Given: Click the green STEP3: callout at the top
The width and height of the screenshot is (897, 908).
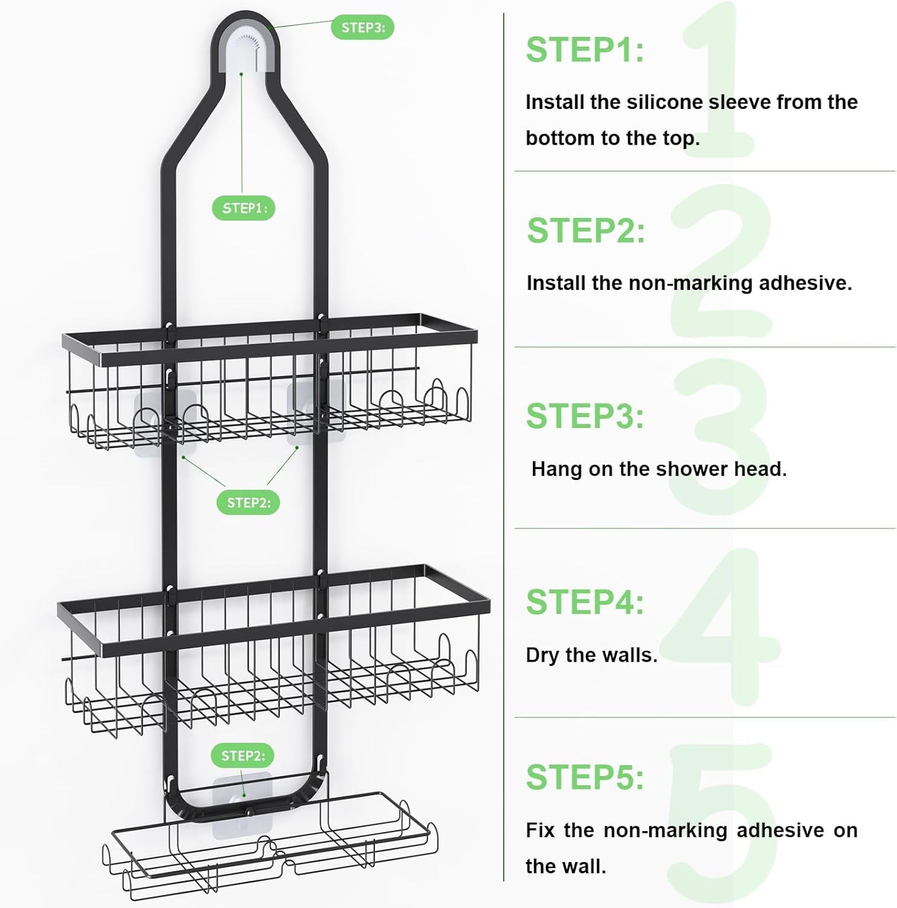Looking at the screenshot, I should (x=362, y=27).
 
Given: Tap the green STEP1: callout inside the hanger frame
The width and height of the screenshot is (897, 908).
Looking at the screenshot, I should (x=243, y=208).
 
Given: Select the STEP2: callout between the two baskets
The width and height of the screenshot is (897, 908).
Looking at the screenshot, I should (x=248, y=502).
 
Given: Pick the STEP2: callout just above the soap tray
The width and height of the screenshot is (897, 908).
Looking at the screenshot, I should (x=243, y=755).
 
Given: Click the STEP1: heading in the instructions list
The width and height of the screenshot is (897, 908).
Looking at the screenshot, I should (x=585, y=50).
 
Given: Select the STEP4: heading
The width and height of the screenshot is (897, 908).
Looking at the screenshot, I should (x=585, y=602).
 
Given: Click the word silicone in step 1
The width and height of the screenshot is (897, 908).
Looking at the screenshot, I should (x=665, y=102).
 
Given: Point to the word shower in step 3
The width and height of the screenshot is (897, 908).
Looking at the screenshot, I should (x=691, y=469).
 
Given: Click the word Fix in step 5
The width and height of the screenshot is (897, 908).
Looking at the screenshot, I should (x=540, y=830).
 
